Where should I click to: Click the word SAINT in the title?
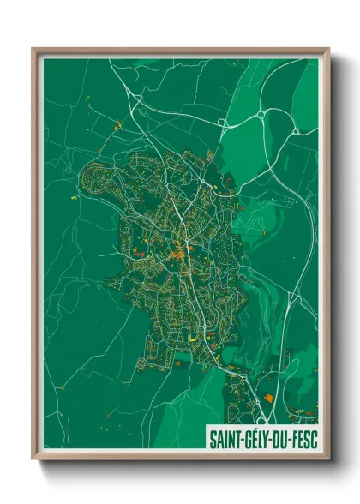(x=225, y=440)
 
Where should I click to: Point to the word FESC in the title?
(x=304, y=440)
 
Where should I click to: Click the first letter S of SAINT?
(x=213, y=440)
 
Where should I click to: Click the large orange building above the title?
(x=269, y=399)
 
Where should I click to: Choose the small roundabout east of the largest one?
(x=297, y=130)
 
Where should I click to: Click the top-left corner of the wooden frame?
(x=33, y=48)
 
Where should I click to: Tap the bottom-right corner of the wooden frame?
(x=329, y=459)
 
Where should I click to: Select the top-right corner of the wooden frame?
(x=329, y=48)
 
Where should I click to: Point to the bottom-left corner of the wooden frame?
(x=33, y=459)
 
